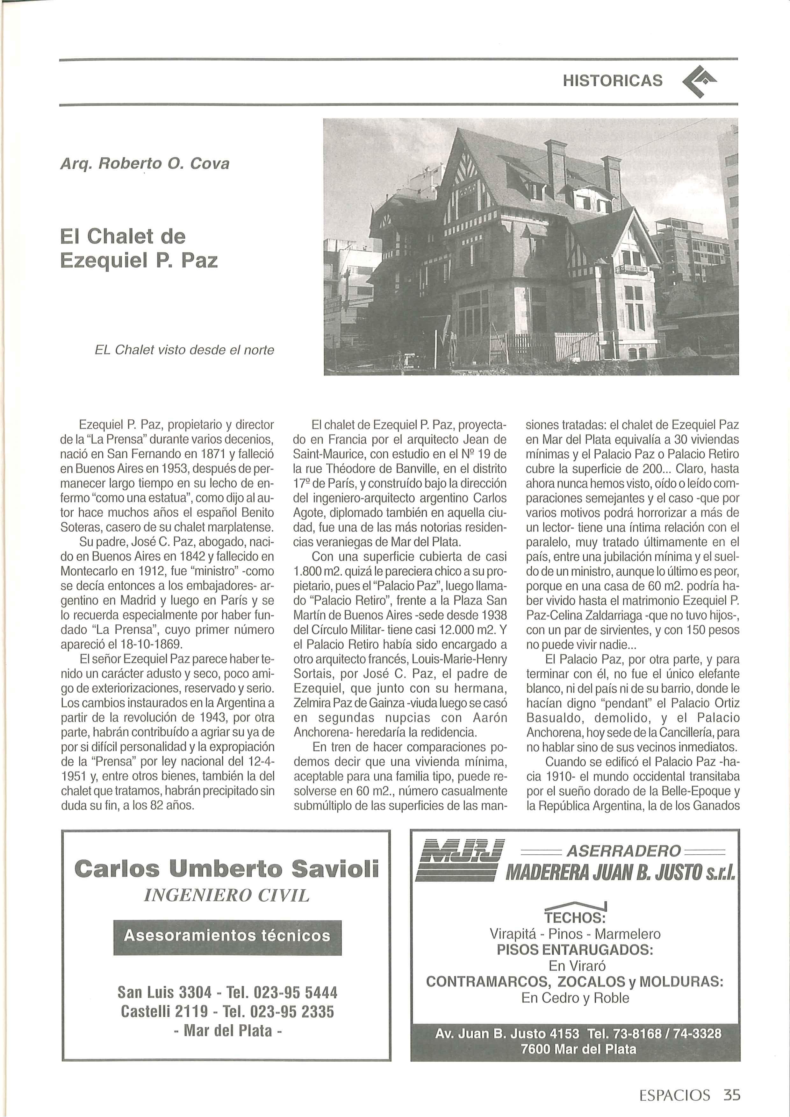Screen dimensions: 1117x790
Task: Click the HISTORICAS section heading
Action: pyautogui.click(x=612, y=80)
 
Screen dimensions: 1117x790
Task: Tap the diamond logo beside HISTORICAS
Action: pyautogui.click(x=700, y=81)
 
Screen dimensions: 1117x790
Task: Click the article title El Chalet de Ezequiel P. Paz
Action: pyautogui.click(x=139, y=249)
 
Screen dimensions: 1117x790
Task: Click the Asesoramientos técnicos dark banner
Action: pyautogui.click(x=227, y=936)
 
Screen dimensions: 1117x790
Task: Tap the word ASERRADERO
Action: pyautogui.click(x=623, y=851)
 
